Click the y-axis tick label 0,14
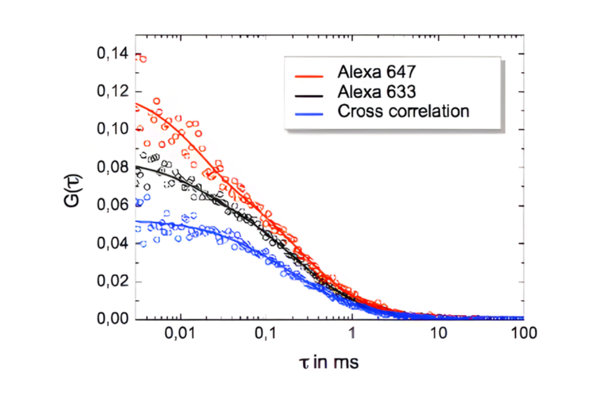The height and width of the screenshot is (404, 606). coord(113,55)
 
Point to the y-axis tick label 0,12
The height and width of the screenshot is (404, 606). coord(113,92)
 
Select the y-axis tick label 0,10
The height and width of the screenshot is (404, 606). coord(113,130)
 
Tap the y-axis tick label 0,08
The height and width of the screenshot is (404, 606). coord(113,168)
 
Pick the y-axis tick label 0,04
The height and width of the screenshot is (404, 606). coord(113,243)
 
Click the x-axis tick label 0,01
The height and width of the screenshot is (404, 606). coord(180,335)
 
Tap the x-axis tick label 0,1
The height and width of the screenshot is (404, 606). coord(266,335)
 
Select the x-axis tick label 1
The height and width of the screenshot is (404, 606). coord(352,335)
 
